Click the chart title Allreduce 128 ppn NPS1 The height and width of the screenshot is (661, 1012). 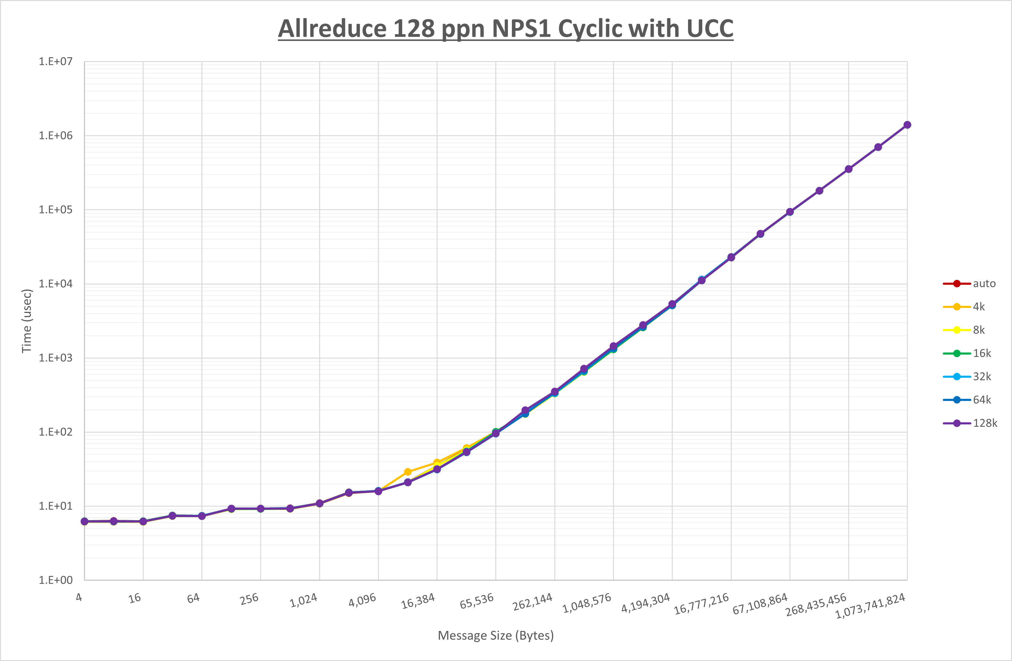[506, 29]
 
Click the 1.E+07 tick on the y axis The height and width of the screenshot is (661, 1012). [56, 62]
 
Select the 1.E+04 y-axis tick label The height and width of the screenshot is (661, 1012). [56, 284]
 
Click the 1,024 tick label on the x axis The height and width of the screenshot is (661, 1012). [304, 600]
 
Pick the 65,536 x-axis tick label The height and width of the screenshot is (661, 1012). [477, 600]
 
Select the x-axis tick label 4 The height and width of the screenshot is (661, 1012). [79, 597]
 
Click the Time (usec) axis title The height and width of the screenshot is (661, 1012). [27, 321]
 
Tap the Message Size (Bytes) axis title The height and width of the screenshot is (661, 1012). [496, 635]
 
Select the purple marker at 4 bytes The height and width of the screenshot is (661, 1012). [85, 521]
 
